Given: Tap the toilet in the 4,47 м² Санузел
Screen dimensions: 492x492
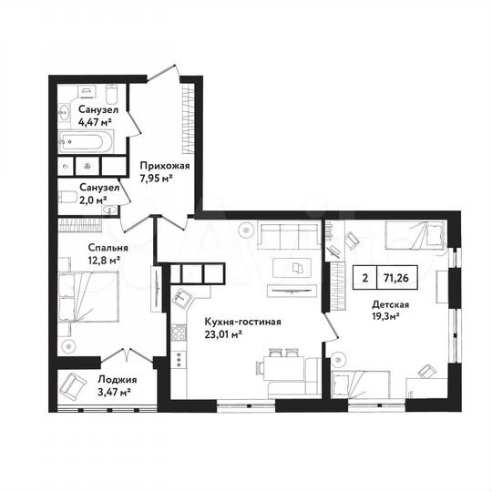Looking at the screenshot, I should click(111, 94).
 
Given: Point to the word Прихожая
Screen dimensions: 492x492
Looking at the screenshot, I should click(164, 167).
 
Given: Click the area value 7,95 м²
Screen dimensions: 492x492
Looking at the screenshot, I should click(156, 179).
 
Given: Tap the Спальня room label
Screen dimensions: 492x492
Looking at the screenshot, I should click(82, 247).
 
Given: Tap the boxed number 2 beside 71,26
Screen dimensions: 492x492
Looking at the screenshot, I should click(365, 280).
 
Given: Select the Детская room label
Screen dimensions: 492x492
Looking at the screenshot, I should click(391, 306).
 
